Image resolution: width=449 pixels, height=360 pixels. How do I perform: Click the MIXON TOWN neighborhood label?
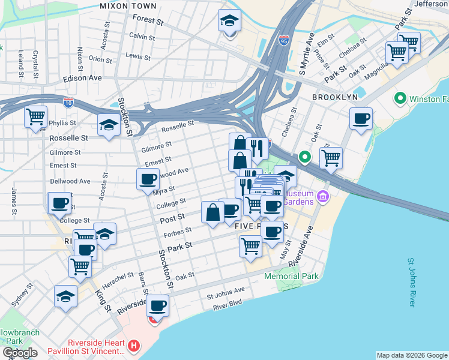(128, 6)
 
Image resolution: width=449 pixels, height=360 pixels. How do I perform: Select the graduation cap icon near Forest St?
(229, 22)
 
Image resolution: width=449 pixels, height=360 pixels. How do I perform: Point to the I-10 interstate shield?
(68, 103)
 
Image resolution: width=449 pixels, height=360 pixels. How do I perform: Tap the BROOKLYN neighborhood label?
(335, 97)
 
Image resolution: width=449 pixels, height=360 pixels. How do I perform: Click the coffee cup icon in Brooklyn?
(361, 119)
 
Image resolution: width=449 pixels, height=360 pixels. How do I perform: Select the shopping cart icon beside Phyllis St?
(36, 116)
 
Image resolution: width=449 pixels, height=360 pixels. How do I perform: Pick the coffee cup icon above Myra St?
(148, 179)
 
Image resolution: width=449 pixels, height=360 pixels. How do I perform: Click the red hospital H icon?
(134, 346)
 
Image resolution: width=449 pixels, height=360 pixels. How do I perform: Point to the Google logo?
(20, 352)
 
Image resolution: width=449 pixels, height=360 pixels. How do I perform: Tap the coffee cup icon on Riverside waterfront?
(157, 306)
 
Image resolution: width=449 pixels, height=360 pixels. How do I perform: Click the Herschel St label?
(118, 277)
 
